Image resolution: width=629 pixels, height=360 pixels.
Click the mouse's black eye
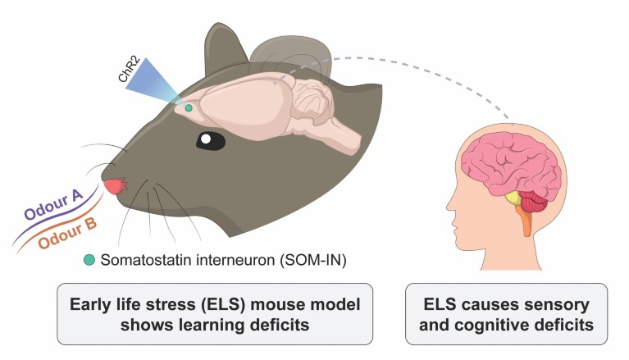tap(210, 140)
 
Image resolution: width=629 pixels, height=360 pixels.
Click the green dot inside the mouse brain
tap(189, 107)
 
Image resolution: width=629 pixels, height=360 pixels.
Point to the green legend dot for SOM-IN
tap(89, 260)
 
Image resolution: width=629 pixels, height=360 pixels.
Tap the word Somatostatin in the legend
tap(139, 260)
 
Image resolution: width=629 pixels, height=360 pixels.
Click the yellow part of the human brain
tap(514, 197)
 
